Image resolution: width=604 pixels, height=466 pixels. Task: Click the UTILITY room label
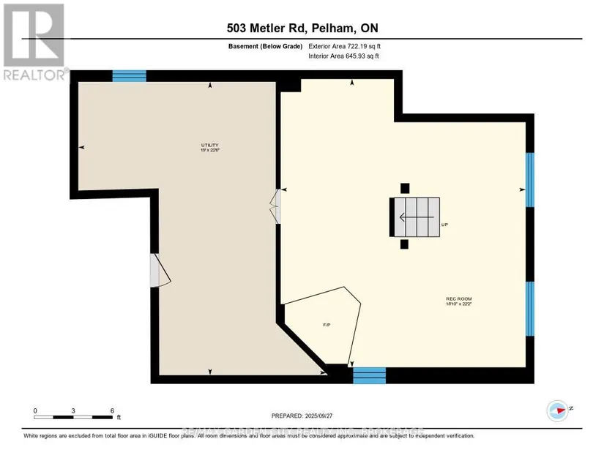210,147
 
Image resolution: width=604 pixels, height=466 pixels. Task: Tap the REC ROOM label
458,301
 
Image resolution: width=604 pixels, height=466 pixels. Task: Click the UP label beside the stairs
444,225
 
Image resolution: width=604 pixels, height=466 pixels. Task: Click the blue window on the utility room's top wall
129,75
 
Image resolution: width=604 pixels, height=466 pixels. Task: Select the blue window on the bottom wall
369,376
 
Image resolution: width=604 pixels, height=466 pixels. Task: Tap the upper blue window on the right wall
530,181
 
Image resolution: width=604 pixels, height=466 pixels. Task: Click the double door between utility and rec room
276,208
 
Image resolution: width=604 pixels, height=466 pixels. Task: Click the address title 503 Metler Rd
301,29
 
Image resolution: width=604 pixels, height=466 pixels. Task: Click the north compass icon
559,410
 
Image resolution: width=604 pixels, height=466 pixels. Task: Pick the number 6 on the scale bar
112,410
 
